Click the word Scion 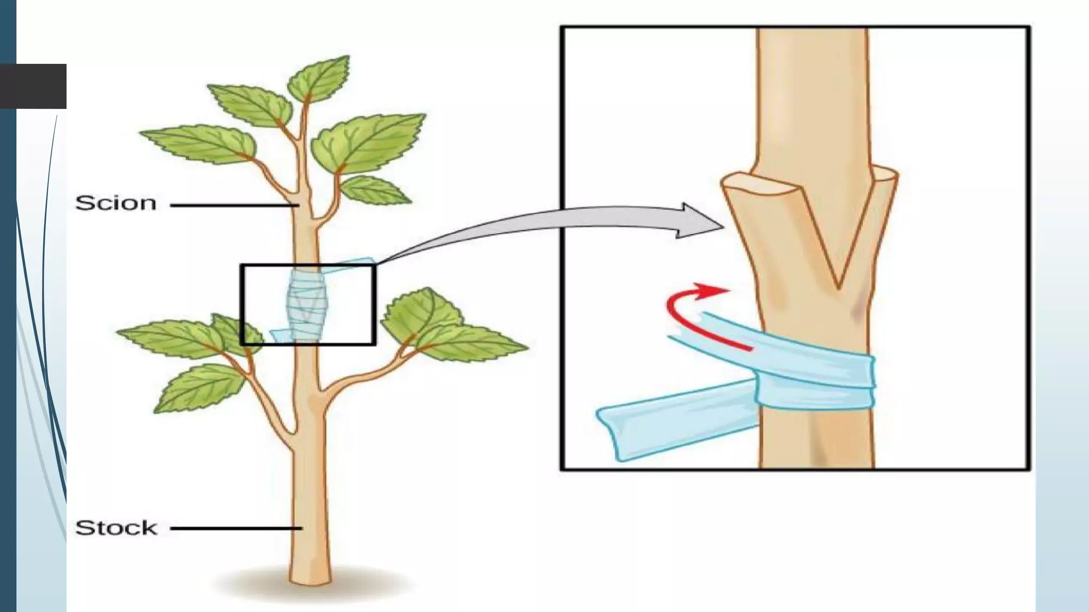click(116, 203)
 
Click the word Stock click(116, 528)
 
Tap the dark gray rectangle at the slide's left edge click(33, 86)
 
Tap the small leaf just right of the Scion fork click(375, 191)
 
